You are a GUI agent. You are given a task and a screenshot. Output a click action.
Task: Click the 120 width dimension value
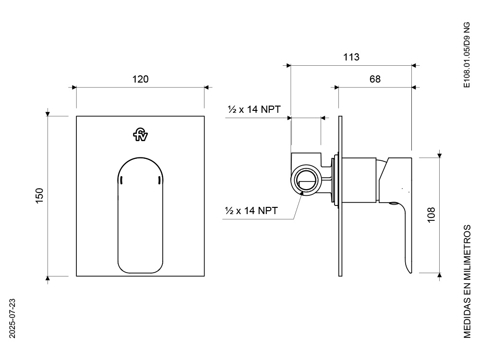coord(140,79)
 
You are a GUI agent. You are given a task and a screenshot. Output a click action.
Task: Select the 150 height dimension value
coord(40,196)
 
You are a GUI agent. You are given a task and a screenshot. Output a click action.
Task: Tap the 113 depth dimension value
coord(351,57)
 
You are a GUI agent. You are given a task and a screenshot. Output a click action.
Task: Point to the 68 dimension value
coord(375,79)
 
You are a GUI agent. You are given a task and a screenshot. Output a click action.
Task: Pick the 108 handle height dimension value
coord(431,215)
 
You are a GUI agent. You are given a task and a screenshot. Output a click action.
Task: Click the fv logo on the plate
coord(140,135)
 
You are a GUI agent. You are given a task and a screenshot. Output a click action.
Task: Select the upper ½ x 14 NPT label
coord(254,109)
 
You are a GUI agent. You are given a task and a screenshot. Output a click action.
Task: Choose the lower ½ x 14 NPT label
coord(252,211)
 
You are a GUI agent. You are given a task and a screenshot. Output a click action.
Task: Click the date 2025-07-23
coord(12,318)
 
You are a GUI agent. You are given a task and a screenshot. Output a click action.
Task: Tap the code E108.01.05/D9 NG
coord(467,55)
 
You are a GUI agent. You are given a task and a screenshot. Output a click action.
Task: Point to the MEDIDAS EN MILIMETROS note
coord(467,282)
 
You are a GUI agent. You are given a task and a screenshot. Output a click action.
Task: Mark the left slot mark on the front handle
coord(121,180)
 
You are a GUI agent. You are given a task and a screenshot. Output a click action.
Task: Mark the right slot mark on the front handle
coord(159,180)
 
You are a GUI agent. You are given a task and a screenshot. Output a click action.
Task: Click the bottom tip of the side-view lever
coord(410,273)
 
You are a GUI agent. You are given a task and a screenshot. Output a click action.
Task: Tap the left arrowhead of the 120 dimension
coord(74,87)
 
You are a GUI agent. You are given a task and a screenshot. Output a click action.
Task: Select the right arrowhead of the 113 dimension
coord(414,65)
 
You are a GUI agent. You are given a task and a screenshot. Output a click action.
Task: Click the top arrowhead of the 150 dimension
coord(48,114)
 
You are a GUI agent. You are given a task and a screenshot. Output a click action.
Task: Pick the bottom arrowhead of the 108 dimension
coord(440,275)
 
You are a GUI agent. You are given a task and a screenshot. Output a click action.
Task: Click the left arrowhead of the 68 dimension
coord(336,87)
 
